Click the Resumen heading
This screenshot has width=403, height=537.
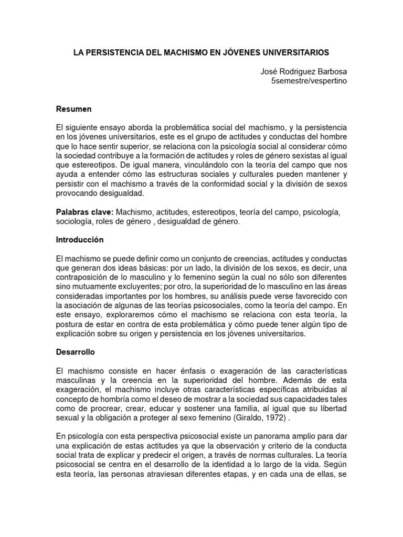pyautogui.click(x=73, y=109)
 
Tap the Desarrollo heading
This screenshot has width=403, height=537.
pyautogui.click(x=76, y=353)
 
